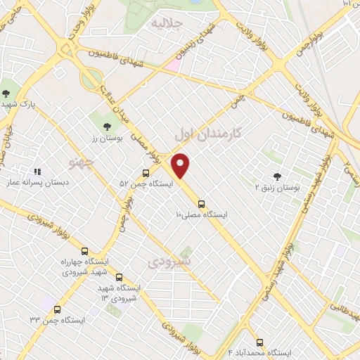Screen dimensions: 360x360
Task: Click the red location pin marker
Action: (181, 165)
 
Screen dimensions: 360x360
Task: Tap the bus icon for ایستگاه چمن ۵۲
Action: (146, 173)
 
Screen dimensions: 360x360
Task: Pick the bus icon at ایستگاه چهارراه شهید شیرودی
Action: (85, 251)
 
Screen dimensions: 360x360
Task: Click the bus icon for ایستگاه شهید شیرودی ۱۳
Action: (119, 278)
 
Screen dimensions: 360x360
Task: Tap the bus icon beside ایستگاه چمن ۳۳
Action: (57, 309)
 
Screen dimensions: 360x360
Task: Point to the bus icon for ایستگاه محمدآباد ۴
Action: (259, 342)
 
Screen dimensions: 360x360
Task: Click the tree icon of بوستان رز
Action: (106, 127)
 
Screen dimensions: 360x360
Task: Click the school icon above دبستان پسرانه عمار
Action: (38, 171)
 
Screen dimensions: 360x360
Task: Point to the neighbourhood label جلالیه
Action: (167, 23)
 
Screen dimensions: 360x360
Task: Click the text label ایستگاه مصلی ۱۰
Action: (201, 214)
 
